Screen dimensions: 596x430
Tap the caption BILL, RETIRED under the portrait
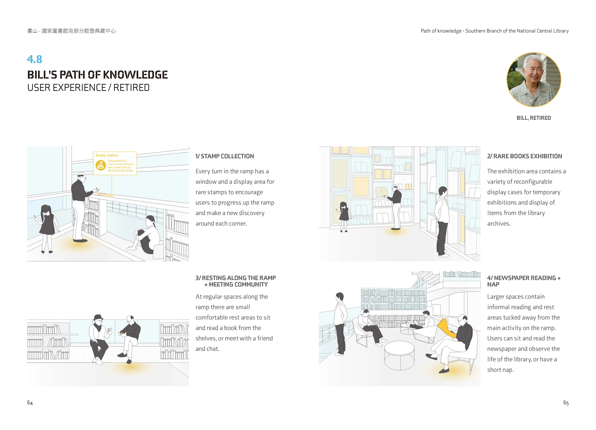pyautogui.click(x=534, y=118)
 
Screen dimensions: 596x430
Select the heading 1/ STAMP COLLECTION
pyautogui.click(x=225, y=156)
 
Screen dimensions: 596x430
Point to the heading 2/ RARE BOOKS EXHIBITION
pyautogui.click(x=524, y=156)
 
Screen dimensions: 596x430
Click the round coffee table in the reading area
pyautogui.click(x=399, y=355)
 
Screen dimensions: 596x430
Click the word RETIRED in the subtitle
pyautogui.click(x=131, y=88)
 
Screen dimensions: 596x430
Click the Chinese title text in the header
pyautogui.click(x=71, y=31)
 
